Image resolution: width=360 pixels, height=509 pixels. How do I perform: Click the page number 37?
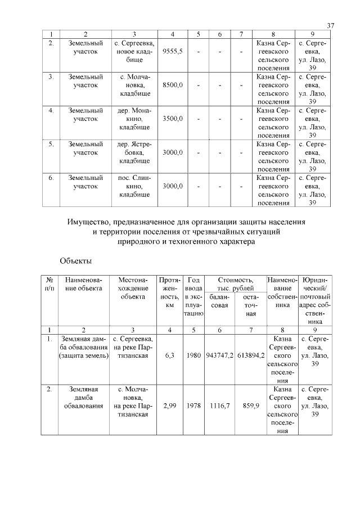coord(330,26)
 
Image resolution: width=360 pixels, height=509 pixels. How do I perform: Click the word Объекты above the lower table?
coord(76,261)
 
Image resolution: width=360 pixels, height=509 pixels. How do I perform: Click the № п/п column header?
coord(49,284)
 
